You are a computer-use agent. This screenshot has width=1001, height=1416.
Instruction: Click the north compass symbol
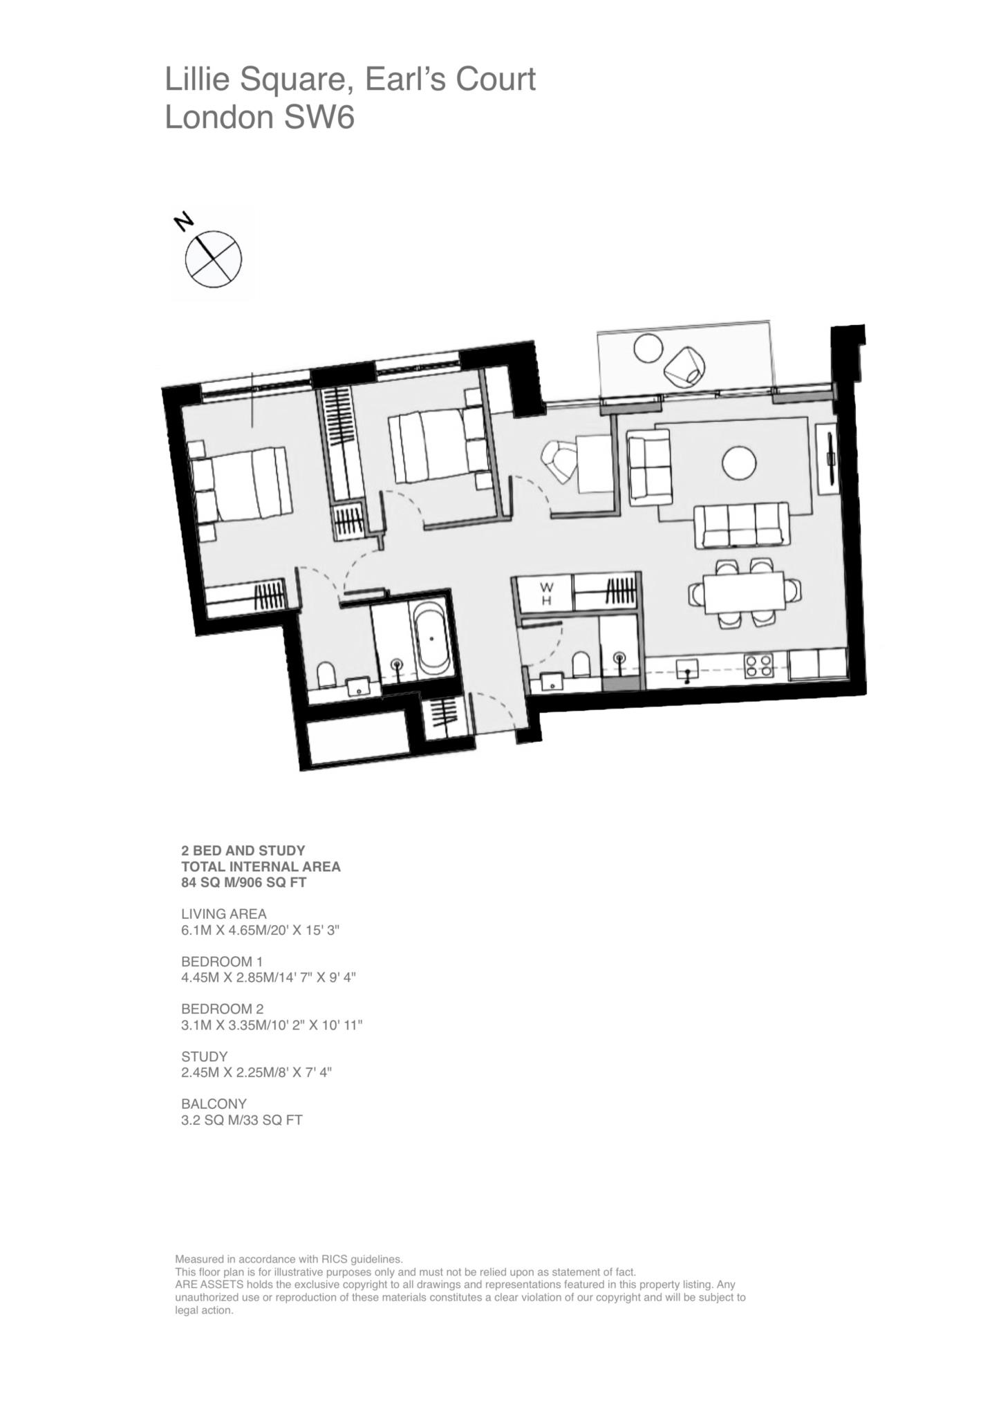213,259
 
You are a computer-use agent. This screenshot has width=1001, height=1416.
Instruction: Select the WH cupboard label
546,593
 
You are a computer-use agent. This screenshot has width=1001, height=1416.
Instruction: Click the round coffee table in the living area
739,463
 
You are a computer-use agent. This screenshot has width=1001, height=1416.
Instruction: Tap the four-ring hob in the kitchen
758,664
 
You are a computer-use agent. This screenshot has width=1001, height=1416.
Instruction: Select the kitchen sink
686,669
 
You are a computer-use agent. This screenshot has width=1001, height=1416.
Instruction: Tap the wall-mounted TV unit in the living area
828,459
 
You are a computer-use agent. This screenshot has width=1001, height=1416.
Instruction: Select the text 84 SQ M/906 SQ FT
243,882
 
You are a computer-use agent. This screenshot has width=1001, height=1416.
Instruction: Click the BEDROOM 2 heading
222,1009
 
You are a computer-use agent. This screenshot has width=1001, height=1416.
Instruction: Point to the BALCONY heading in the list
214,1103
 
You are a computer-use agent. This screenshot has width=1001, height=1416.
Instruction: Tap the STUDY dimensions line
256,1072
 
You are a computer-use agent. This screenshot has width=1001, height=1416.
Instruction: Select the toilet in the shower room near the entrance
581,665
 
